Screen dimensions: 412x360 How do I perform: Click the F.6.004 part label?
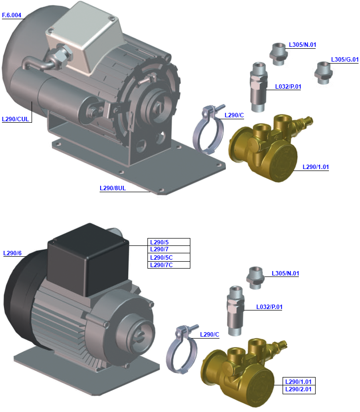[x=12, y=15]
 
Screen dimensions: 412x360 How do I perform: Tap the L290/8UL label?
[x=113, y=188]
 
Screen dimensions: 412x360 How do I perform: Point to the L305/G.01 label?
[x=345, y=60]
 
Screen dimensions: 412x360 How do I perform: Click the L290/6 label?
[x=12, y=253]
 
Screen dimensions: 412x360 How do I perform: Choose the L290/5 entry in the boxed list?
[x=159, y=242]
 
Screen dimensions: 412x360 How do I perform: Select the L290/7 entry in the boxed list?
[x=159, y=249]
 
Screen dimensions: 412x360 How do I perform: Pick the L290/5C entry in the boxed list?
[x=161, y=257]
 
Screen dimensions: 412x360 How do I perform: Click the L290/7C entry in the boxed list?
[x=161, y=265]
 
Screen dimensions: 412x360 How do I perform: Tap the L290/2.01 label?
[x=300, y=389]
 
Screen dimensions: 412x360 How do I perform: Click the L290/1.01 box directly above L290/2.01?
[x=300, y=382]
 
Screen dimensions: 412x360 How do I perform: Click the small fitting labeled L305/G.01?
[x=323, y=72]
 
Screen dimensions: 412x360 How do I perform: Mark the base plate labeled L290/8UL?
[x=148, y=168]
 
